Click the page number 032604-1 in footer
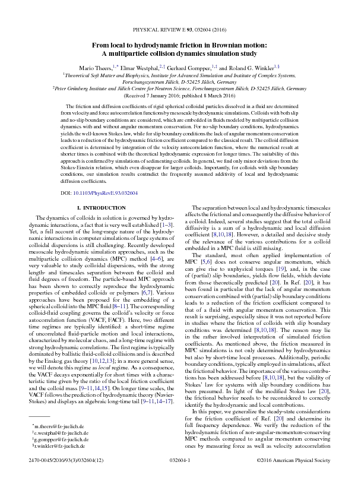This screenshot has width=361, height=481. pos(180,476)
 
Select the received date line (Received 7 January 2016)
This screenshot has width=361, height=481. pos(180,95)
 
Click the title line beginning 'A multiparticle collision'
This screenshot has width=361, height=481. pos(180,53)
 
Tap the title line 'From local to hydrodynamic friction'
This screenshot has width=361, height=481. pos(180,45)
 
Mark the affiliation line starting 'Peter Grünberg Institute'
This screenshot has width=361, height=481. pos(180,88)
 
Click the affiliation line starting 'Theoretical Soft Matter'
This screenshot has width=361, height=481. pos(180,76)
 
